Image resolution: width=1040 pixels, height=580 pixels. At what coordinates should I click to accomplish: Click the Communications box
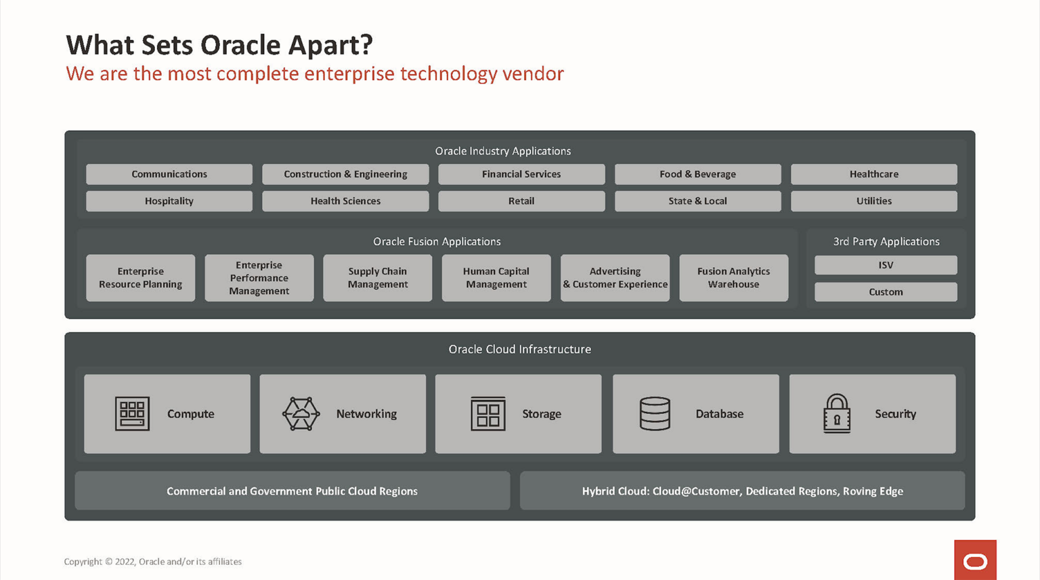(169, 174)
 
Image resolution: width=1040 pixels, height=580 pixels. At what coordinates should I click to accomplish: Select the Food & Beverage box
(697, 174)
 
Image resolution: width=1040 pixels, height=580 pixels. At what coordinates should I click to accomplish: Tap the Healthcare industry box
(873, 174)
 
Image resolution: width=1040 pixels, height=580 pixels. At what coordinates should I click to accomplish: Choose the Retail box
(521, 201)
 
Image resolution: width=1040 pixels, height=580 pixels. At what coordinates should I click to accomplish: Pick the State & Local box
(697, 201)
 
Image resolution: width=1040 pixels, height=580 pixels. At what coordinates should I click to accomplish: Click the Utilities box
(873, 201)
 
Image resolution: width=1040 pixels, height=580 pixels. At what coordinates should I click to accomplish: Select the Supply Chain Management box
(377, 278)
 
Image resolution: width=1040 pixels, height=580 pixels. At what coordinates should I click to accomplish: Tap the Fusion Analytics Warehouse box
(733, 278)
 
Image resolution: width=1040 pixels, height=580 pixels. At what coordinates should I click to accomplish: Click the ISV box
(886, 265)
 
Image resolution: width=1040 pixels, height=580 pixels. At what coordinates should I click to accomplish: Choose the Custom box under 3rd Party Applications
(886, 292)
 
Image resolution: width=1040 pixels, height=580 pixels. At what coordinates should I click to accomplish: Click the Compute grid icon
(132, 413)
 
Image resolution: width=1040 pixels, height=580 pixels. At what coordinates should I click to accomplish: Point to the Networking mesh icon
(301, 413)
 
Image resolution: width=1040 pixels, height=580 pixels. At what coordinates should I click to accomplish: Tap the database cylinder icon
(655, 413)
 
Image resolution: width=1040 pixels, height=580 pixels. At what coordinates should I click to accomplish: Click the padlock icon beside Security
(837, 413)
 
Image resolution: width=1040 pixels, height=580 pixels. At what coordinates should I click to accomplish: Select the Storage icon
(487, 413)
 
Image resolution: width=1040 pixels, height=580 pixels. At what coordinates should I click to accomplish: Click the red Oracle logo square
(975, 560)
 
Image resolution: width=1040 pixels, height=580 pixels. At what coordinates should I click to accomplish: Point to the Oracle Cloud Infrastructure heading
(519, 350)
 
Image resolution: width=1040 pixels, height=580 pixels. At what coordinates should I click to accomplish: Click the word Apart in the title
(330, 45)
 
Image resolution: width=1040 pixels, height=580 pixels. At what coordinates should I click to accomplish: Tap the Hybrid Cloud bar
(742, 491)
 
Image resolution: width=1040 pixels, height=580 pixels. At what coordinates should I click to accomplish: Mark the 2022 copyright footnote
(153, 562)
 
